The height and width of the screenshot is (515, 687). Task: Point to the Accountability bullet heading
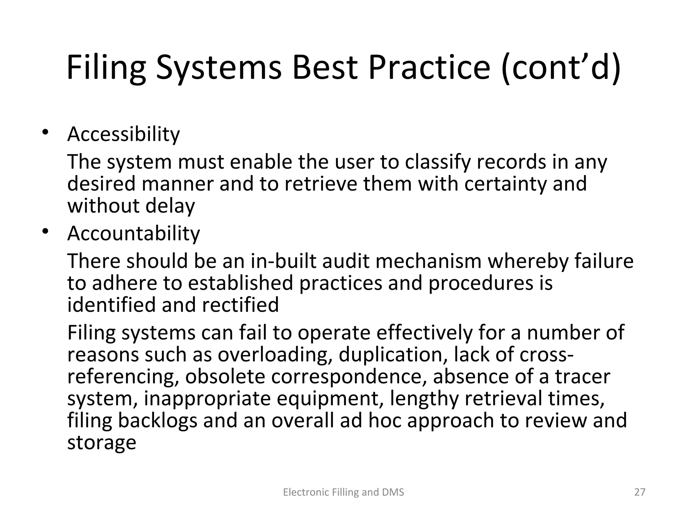(x=134, y=233)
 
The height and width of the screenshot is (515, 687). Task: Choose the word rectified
(x=240, y=305)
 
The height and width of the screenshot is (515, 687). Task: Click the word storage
(x=102, y=443)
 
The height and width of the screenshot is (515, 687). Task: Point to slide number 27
(x=640, y=492)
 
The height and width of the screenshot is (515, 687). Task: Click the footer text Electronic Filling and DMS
(x=343, y=492)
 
